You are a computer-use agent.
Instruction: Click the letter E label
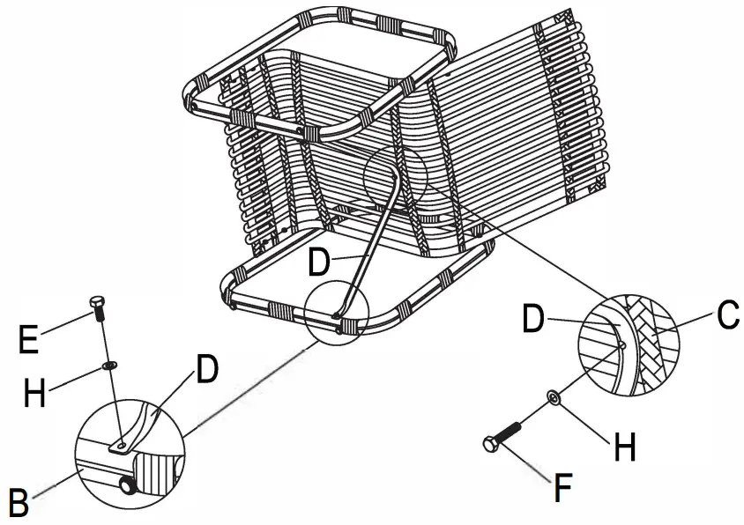pyautogui.click(x=29, y=338)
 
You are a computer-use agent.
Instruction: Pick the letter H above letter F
pyautogui.click(x=623, y=447)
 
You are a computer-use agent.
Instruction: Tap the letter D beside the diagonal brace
pyautogui.click(x=321, y=262)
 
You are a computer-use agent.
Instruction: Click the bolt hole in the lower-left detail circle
pyautogui.click(x=121, y=447)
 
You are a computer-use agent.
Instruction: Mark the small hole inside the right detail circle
pyautogui.click(x=621, y=346)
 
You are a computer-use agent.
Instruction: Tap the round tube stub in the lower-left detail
pyautogui.click(x=130, y=485)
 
